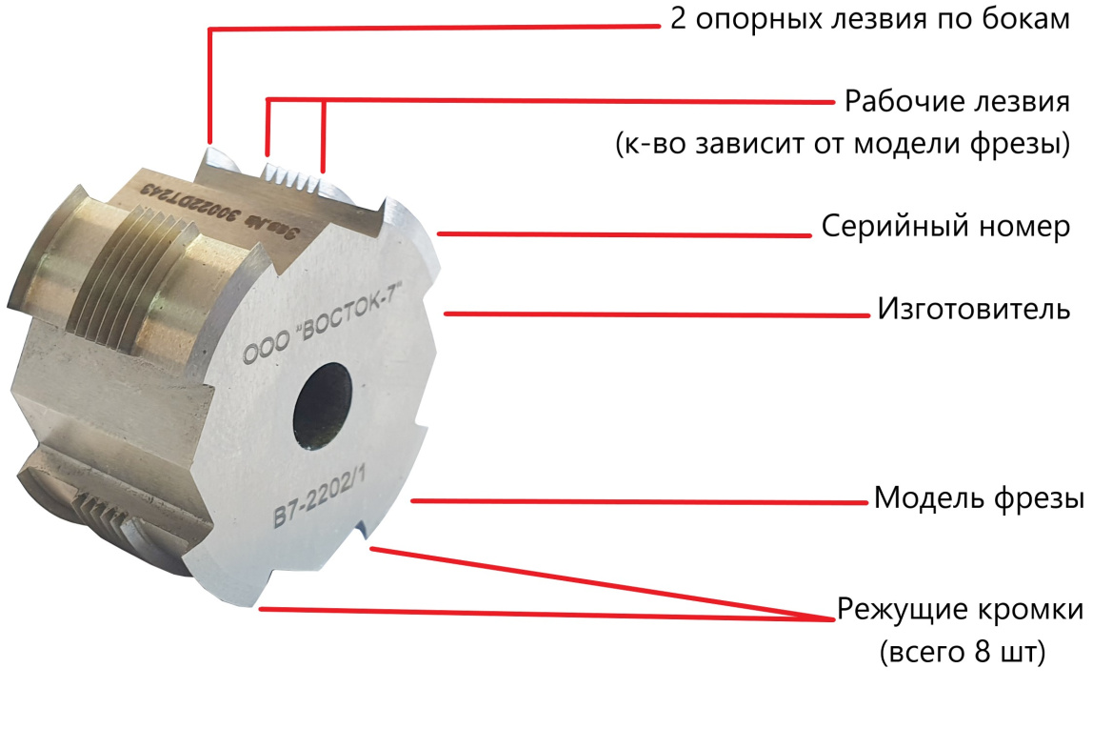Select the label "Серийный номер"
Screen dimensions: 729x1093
pos(945,228)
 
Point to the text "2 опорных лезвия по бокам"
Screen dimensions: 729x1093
pos(871,21)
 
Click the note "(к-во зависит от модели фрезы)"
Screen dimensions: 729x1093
pos(843,145)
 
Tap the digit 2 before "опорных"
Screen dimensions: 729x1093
pos(679,21)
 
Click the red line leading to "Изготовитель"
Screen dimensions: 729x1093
pos(657,314)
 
